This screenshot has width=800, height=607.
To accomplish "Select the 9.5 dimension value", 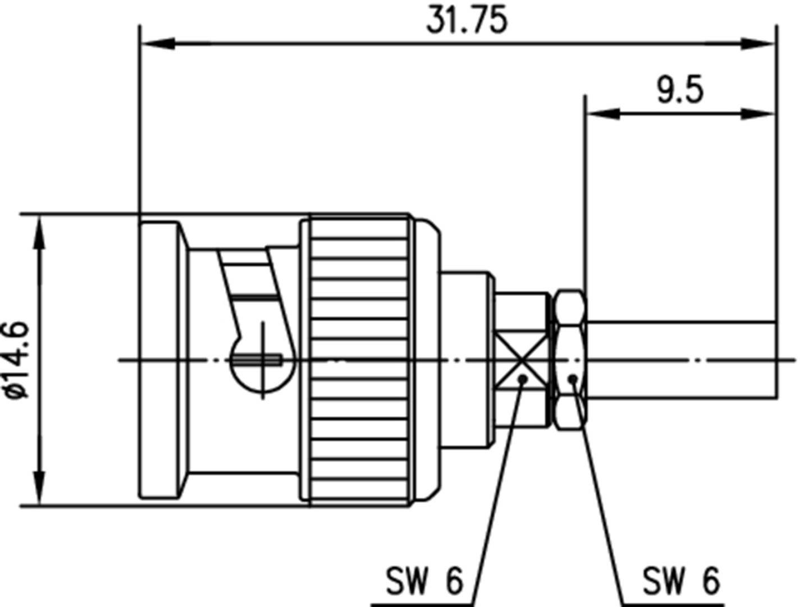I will pos(680,90).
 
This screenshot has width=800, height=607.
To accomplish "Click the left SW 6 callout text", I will pos(424,581).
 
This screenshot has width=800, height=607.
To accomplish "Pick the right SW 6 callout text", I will pos(680,581).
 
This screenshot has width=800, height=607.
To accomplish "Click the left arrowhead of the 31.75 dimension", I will pos(157,43).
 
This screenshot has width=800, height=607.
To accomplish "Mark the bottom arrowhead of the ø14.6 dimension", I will pos(39,488).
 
